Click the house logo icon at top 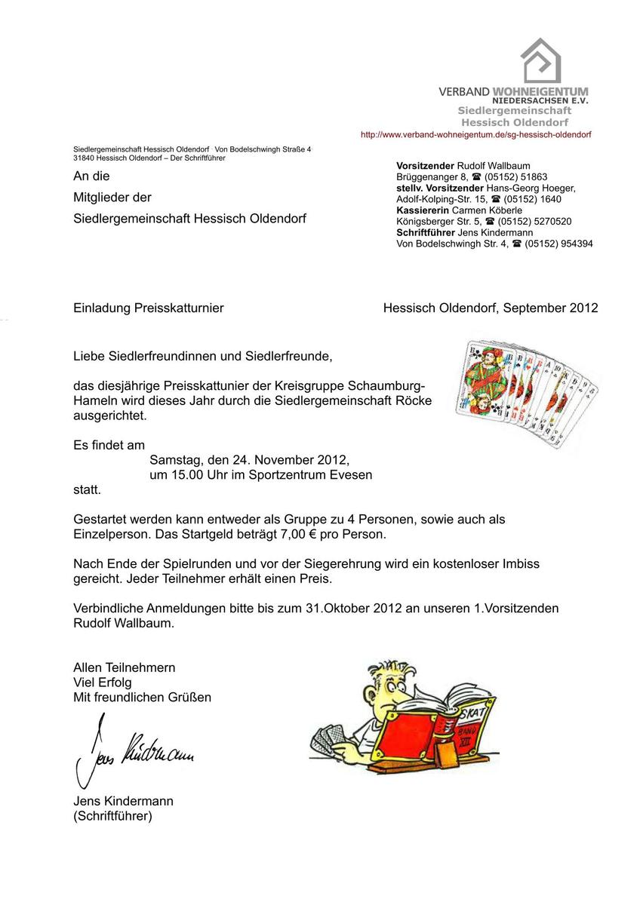point(541,60)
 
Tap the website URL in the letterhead point(475,134)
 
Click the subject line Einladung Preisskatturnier point(148,308)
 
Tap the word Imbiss point(521,563)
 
